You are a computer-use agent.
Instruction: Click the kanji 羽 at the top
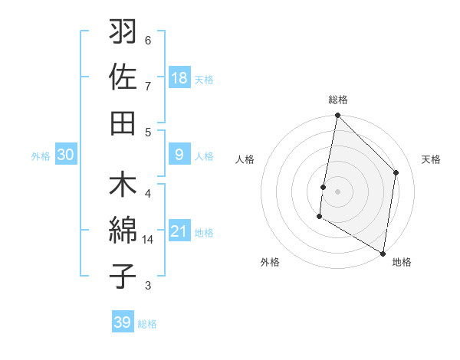click(123, 33)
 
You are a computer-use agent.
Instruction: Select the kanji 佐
click(123, 77)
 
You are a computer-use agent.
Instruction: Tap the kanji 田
click(123, 123)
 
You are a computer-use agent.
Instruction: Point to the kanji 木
click(123, 186)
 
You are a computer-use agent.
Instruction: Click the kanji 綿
click(123, 231)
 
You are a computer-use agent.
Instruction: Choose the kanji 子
click(123, 276)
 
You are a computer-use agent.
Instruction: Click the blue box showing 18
click(179, 78)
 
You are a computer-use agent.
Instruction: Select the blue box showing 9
click(179, 155)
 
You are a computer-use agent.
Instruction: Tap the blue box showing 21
click(179, 232)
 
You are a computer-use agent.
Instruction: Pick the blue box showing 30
click(65, 155)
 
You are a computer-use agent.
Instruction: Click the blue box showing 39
click(122, 322)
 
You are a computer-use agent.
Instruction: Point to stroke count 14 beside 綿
click(148, 240)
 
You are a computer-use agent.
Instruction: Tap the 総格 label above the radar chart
click(338, 100)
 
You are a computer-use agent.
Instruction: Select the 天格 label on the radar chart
click(431, 159)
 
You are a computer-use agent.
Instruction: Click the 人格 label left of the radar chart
click(245, 159)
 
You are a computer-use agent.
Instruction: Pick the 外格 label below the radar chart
click(270, 262)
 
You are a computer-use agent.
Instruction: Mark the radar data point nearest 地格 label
click(383, 252)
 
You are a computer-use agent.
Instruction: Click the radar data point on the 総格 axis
click(337, 116)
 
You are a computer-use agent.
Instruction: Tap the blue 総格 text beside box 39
click(147, 324)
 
